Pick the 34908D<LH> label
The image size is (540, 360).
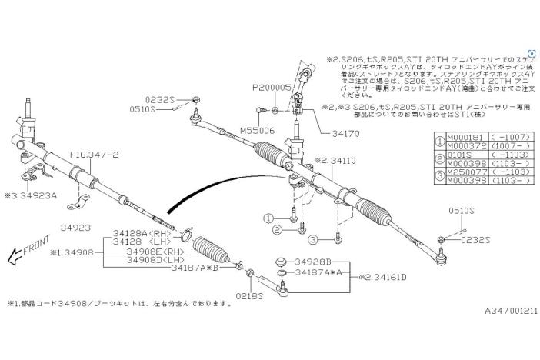(x=155, y=260)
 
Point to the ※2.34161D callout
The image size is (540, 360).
(x=382, y=277)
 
